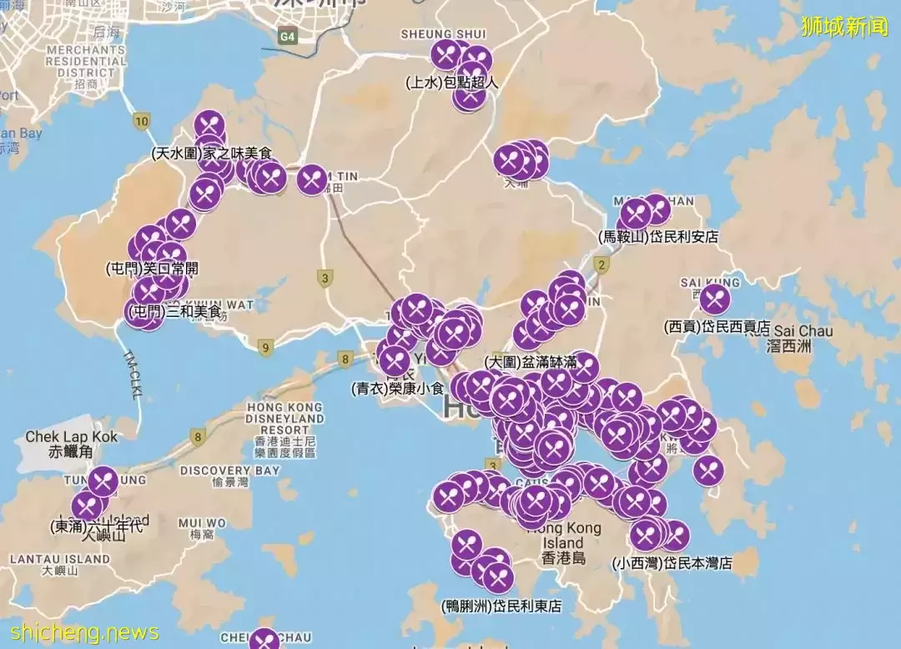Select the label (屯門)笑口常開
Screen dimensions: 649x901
pyautogui.click(x=152, y=269)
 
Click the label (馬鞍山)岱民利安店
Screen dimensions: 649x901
pyautogui.click(x=658, y=237)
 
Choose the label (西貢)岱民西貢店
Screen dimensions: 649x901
pyautogui.click(x=717, y=327)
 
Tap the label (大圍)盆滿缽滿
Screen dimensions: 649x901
pyautogui.click(x=531, y=362)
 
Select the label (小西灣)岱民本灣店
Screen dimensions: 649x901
pyautogui.click(x=672, y=563)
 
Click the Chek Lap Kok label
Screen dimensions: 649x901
pyautogui.click(x=71, y=444)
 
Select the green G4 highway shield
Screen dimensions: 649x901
pyautogui.click(x=288, y=37)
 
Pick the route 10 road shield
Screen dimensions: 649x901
pyautogui.click(x=141, y=122)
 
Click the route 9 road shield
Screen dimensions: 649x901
pyautogui.click(x=265, y=348)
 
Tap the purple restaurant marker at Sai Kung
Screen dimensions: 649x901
pyautogui.click(x=714, y=299)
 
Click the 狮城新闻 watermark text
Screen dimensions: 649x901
pyautogui.click(x=843, y=27)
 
